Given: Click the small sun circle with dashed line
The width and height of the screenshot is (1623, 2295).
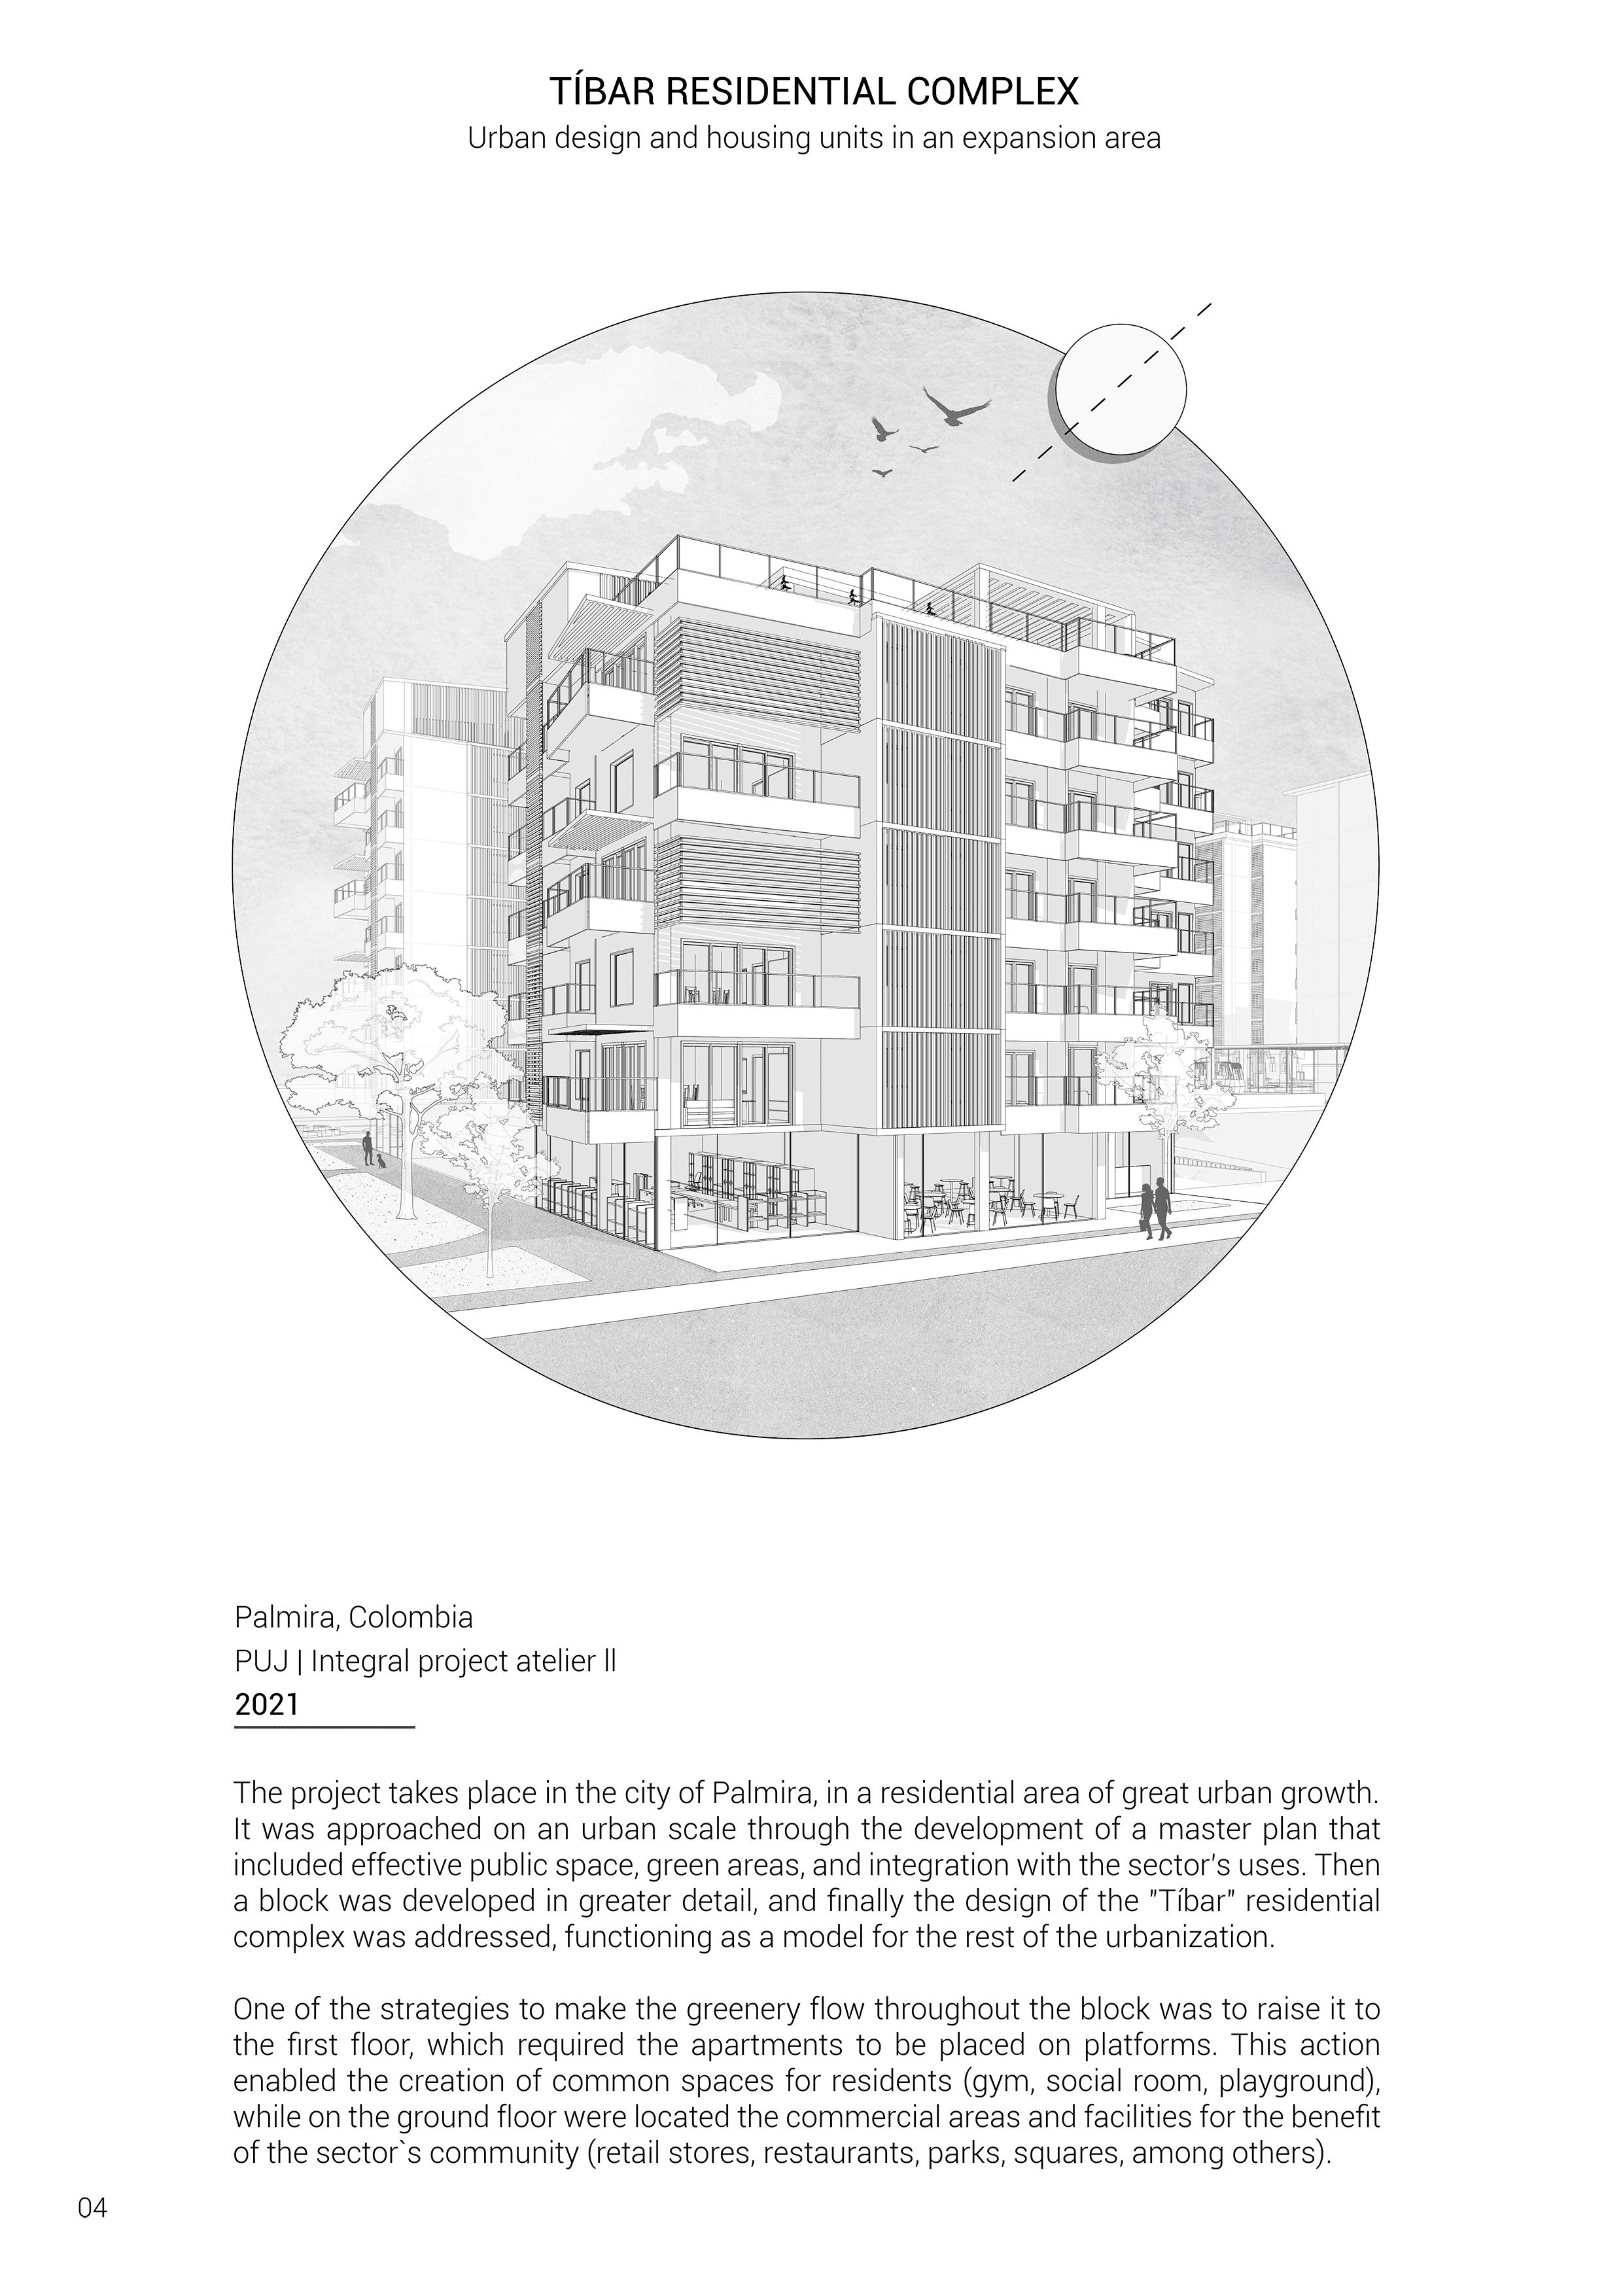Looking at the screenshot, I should (x=1121, y=390).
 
